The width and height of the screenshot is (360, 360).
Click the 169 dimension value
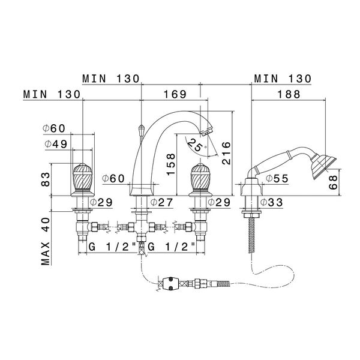pyautogui.click(x=173, y=94)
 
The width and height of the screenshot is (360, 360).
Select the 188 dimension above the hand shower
pyautogui.click(x=289, y=94)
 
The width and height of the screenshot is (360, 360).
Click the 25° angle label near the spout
pyautogui.click(x=196, y=145)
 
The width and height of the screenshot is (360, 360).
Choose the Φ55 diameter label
pyautogui.click(x=275, y=179)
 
